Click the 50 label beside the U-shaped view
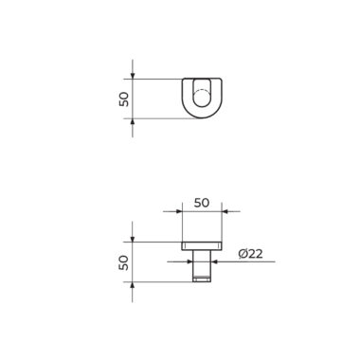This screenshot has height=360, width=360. pos(124,99)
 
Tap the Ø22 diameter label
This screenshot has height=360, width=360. pos(250,254)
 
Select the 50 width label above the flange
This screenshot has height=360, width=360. pos(202,203)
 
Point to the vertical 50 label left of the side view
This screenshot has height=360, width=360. pos(124,262)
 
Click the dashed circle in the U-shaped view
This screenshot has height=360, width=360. pos(202,99)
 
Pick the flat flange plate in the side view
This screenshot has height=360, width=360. pos(202,246)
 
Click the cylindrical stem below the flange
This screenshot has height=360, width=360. pos(202,263)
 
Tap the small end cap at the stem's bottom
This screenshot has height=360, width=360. pos(202,279)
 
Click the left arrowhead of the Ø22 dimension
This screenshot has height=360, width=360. pos(190,261)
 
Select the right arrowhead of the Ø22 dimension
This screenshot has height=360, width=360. pos(213,261)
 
